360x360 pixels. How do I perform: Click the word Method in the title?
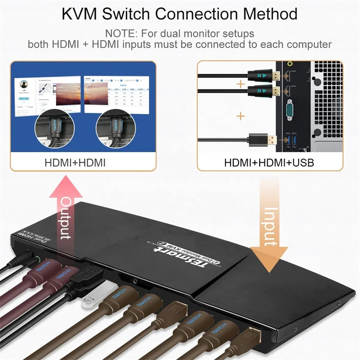tap(264, 13)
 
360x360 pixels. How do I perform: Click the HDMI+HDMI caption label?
tap(75, 163)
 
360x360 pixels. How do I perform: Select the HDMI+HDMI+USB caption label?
tap(269, 163)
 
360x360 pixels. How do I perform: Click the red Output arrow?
tap(66, 211)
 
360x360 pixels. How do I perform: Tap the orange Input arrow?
tap(270, 216)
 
